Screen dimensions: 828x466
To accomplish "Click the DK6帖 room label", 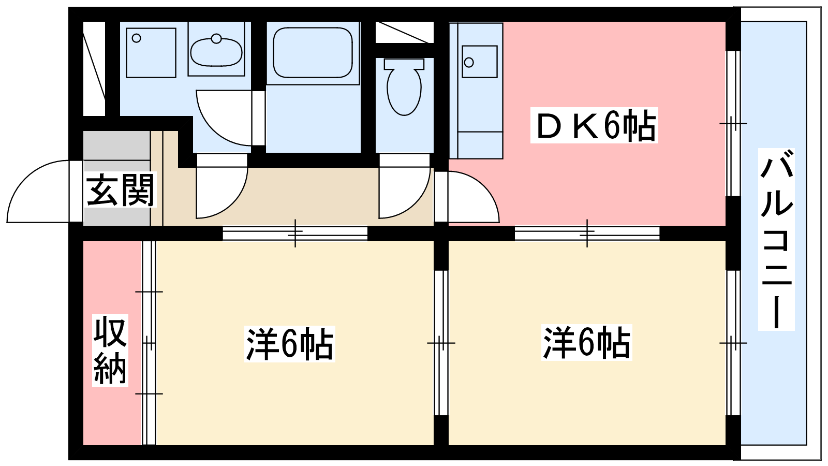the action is pos(594,125).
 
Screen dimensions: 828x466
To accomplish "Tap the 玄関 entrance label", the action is pos(120,190).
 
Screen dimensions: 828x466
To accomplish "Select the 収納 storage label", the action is pos(110,350).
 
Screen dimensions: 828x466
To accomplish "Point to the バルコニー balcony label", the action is pos(776,239).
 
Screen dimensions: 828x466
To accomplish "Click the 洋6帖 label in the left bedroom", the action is pos(289,344).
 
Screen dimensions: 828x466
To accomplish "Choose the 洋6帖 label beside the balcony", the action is pos(587,342).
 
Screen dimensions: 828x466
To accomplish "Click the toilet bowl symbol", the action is pos(404,91).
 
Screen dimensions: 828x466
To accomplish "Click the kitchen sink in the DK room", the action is pos(479,62).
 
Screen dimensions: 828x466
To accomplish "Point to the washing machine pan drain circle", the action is pos(137,38).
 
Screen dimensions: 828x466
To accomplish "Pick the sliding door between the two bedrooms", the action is pos(440,343).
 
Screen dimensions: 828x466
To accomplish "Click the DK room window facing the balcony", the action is pos(733,123).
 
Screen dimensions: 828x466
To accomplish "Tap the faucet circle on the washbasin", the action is pos(216,38).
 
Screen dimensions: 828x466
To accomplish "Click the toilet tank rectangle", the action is pos(404,64).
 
